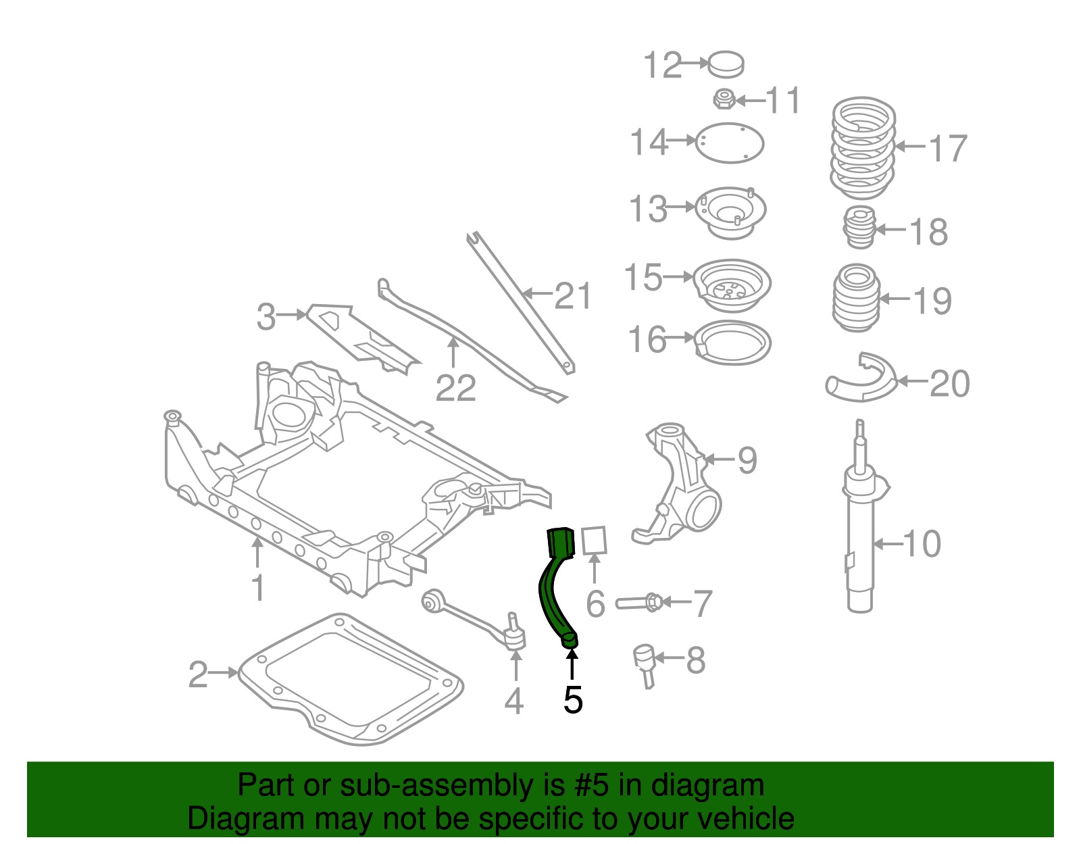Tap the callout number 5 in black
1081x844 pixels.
point(572,700)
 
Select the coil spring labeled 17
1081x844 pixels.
point(863,148)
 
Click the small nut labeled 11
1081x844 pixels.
point(724,99)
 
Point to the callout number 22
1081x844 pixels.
point(456,388)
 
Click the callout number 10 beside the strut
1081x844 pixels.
point(922,543)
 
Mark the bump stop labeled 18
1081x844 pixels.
point(861,228)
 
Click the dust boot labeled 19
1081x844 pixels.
point(857,297)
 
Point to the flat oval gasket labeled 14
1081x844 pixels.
point(730,143)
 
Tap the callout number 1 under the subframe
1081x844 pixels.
point(258,588)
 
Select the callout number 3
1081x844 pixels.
point(266,316)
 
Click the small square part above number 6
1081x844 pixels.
point(595,540)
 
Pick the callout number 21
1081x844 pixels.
point(573,296)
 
